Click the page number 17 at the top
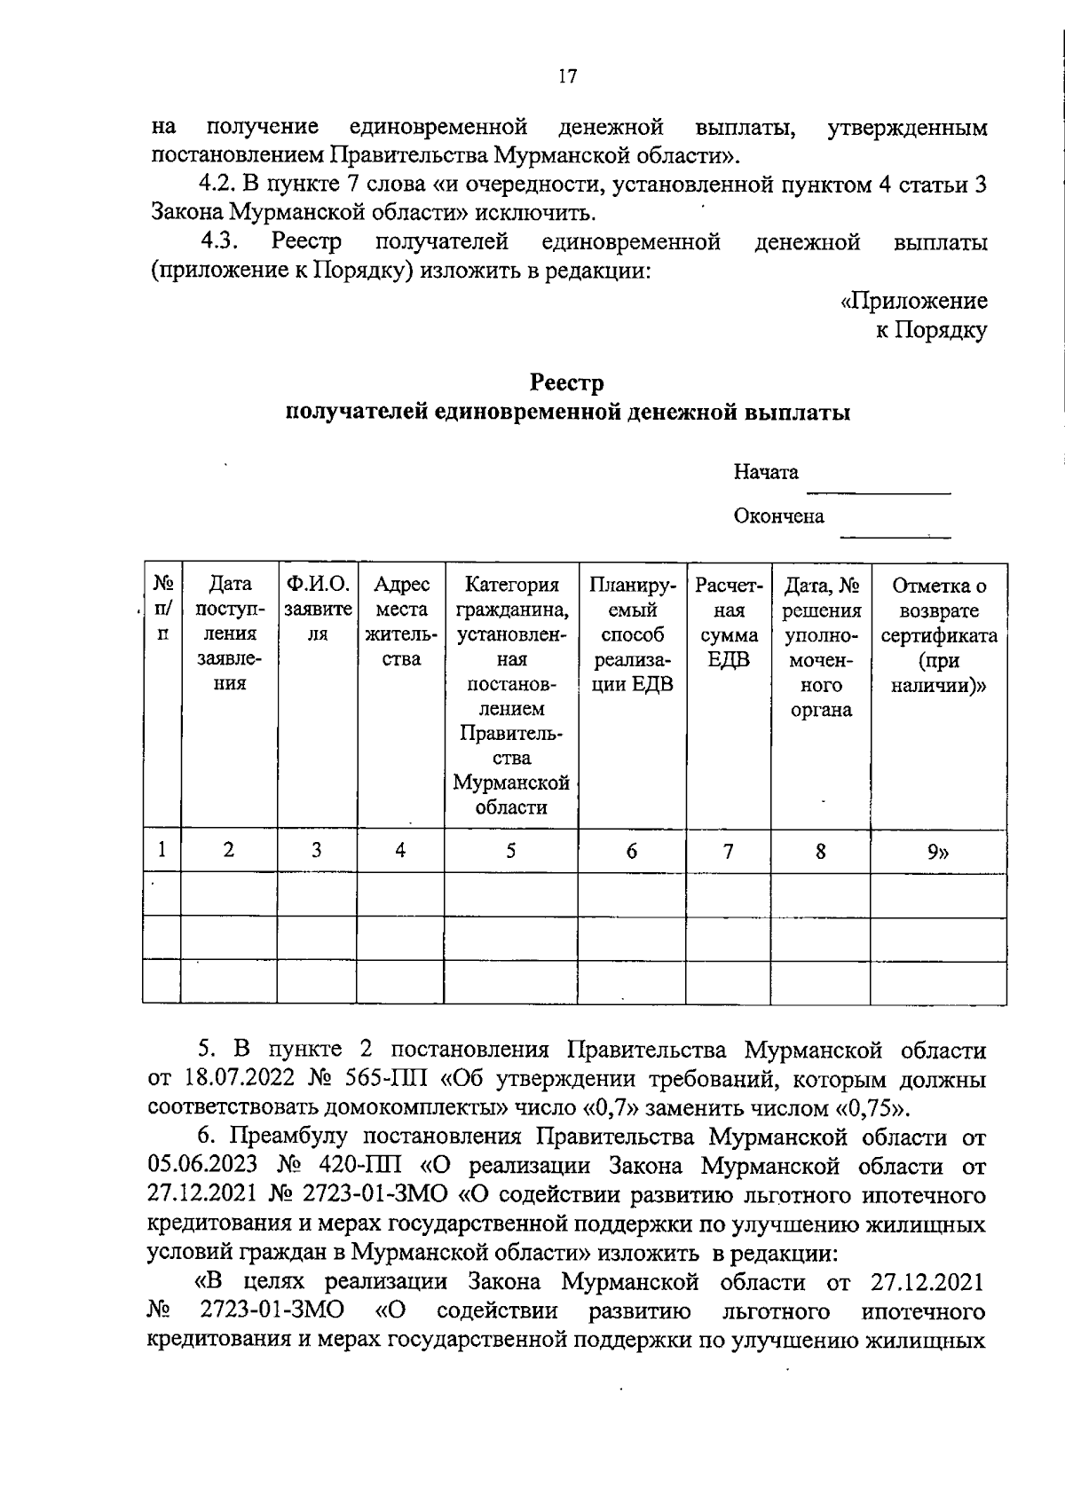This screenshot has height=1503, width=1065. click(568, 76)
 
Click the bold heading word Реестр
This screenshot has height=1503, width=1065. click(567, 383)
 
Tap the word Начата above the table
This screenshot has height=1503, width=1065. click(766, 472)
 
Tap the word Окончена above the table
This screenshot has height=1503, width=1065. click(778, 515)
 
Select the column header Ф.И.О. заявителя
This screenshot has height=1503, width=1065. click(318, 610)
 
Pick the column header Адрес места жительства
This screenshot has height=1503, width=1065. click(400, 621)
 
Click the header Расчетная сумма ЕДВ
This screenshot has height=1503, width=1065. click(729, 621)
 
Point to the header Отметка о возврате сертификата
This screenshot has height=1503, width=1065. click(938, 634)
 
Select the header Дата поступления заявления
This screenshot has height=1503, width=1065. click(229, 633)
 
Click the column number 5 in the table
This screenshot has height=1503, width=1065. click(511, 851)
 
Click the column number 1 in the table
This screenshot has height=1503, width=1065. click(162, 850)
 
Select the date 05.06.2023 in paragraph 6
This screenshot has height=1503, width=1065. click(204, 1166)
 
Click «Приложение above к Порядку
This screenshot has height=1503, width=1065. click(914, 301)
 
